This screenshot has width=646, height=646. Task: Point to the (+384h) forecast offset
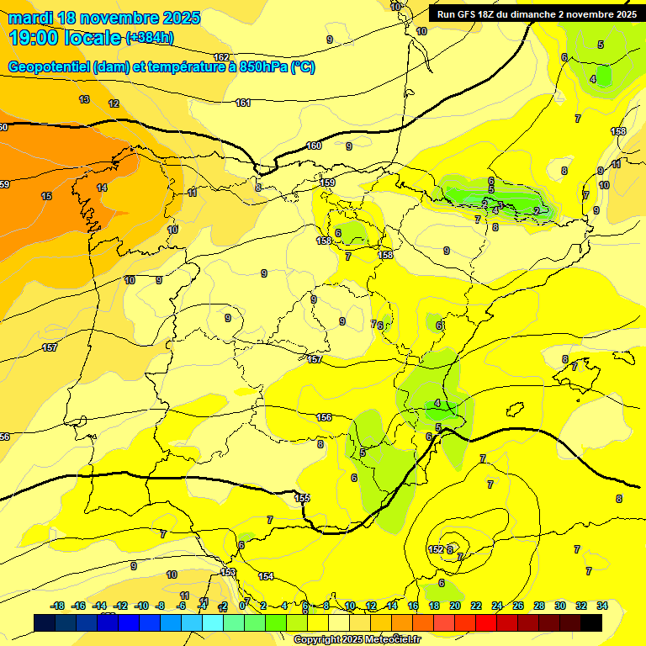coord(149,38)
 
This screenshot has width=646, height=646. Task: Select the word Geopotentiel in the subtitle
coord(50,67)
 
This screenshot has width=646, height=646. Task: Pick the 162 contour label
coord(221,57)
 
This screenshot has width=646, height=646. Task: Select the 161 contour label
coord(243,103)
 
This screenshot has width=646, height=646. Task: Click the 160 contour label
coord(314,146)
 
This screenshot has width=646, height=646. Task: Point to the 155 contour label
coord(302,498)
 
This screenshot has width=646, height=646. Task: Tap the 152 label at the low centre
coord(436,549)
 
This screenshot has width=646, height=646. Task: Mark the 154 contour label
coord(266,576)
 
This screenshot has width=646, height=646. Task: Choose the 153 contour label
coord(228,572)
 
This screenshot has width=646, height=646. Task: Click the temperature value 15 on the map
coord(46,196)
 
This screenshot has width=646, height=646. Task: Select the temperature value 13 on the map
coord(84,99)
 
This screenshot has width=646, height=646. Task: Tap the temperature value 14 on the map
coord(102,188)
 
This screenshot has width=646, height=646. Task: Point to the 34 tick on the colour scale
coord(602,606)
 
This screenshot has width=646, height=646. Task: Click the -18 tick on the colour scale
coord(58,606)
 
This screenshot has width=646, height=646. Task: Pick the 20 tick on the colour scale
coord(455,606)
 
